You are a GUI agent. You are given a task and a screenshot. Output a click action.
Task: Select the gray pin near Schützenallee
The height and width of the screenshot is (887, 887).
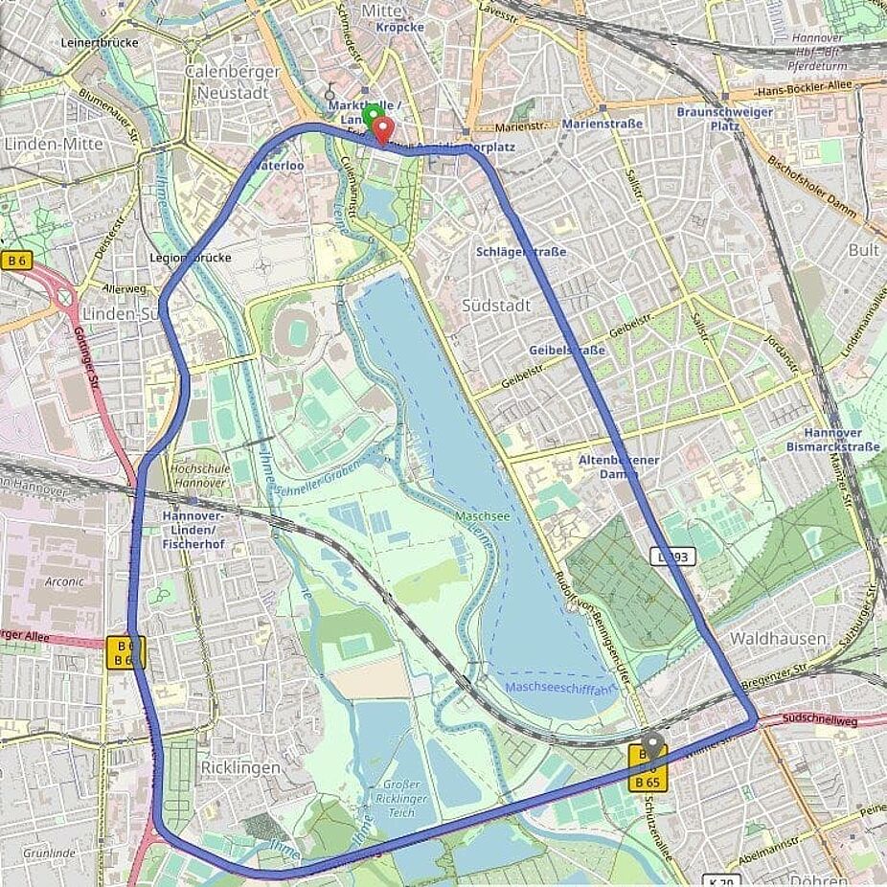(x=653, y=744)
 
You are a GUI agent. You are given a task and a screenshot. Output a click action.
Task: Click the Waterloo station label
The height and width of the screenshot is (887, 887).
(x=278, y=165)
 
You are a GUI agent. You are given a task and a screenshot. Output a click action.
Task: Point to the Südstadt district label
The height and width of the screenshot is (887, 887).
(x=495, y=306)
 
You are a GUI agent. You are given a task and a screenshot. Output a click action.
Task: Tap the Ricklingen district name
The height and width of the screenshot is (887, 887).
(x=240, y=767)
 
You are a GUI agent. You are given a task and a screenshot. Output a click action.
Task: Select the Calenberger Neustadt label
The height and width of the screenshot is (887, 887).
(x=233, y=81)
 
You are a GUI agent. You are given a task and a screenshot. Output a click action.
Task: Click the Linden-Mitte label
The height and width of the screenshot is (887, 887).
(x=54, y=143)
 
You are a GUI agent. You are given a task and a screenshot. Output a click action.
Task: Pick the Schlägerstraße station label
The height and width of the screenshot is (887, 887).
(x=521, y=252)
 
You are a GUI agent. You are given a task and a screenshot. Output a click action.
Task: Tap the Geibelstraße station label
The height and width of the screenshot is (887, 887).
(x=567, y=351)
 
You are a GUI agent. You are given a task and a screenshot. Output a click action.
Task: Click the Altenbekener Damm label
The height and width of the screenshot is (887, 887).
(x=619, y=466)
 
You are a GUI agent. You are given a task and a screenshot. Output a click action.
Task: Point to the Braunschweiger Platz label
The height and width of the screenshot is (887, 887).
(x=711, y=118)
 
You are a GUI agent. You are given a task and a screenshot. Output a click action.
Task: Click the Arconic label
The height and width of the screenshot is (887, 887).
(x=65, y=581)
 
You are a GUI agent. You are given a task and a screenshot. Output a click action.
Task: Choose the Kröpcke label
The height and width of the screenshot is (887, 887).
(x=399, y=27)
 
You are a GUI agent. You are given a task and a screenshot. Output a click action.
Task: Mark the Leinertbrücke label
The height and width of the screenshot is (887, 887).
(x=100, y=42)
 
